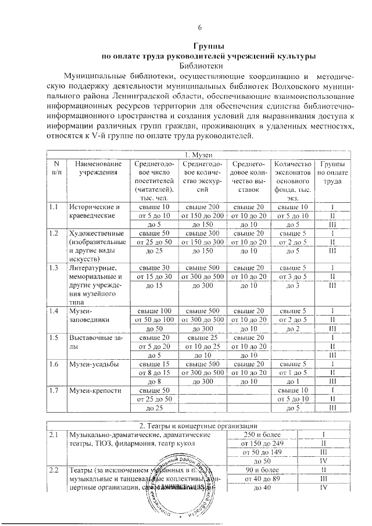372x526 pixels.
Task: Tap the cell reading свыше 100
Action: click(x=155, y=311)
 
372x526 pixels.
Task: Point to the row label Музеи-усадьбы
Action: click(x=92, y=364)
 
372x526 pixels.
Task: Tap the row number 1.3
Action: click(x=54, y=268)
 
